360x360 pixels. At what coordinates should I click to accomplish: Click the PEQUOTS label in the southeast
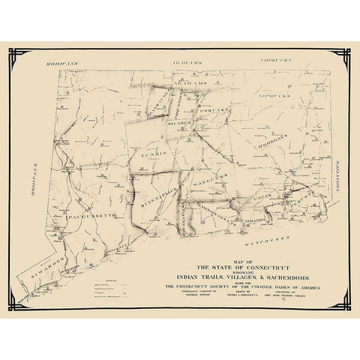click(307, 197)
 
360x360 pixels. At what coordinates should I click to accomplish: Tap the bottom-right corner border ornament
click(346, 304)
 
